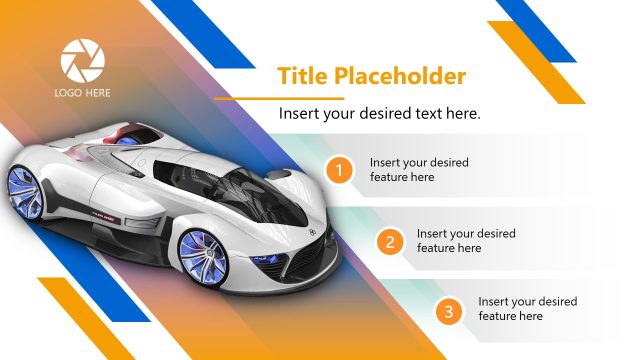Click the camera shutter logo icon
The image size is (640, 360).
(x=82, y=60)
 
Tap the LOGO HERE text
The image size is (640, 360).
(x=83, y=93)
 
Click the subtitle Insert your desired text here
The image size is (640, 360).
(x=379, y=114)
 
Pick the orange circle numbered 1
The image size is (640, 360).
(x=340, y=171)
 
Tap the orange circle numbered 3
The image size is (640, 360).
(x=449, y=312)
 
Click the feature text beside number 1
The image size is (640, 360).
(x=418, y=169)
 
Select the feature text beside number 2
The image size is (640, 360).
(x=466, y=240)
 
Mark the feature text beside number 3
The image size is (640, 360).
(x=527, y=308)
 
